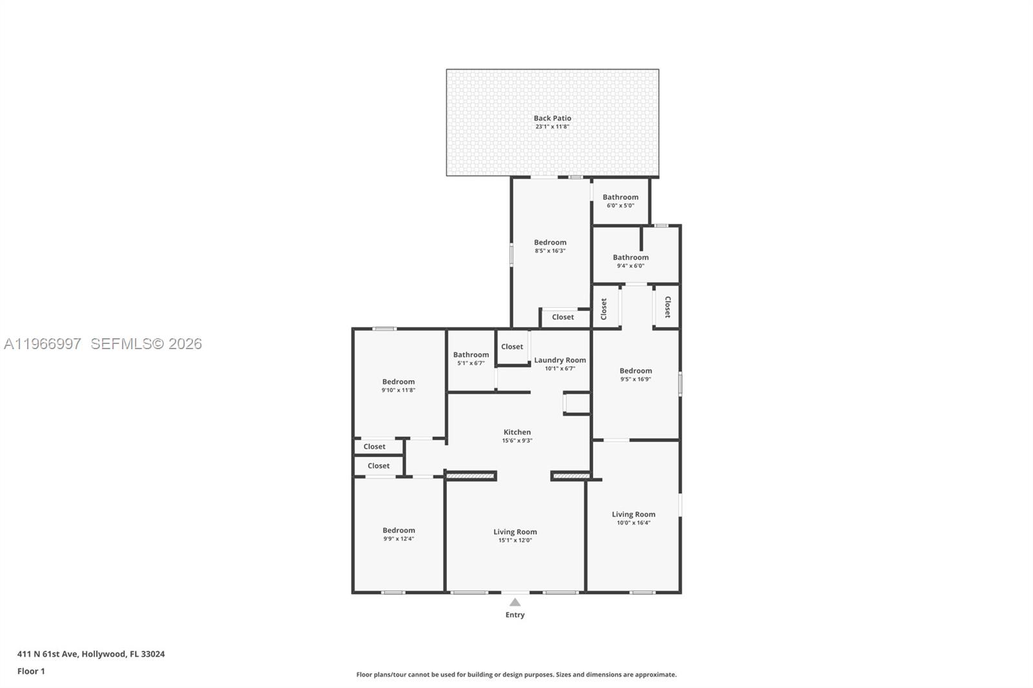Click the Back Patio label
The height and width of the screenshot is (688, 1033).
point(552,118)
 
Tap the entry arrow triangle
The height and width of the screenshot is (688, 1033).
point(515,602)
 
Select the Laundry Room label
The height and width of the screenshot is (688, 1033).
point(560,360)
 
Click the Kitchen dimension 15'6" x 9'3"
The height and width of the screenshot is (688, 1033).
point(517,441)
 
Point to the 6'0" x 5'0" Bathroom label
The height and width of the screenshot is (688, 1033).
point(620,201)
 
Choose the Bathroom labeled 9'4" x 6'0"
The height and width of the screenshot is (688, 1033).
point(630,261)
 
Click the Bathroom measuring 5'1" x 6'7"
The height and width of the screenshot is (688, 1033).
point(471,358)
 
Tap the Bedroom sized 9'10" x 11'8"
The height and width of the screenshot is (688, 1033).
point(398,385)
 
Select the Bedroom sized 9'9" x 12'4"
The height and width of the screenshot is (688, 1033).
point(398,534)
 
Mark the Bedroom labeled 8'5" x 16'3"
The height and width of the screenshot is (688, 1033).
point(550,246)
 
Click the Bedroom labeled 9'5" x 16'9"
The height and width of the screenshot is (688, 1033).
point(635,374)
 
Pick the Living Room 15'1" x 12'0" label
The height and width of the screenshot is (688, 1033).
point(515,536)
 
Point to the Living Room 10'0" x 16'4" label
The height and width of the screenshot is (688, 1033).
point(633,518)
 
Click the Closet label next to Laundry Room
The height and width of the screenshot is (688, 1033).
point(512,347)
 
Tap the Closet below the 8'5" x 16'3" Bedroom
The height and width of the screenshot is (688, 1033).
point(562,317)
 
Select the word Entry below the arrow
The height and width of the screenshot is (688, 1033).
point(515,614)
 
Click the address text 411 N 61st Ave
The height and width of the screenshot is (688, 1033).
point(90,654)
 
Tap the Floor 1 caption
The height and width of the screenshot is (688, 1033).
point(31,671)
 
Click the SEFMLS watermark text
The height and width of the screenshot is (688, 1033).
point(146,344)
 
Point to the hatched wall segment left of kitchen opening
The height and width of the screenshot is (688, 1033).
point(471,476)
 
